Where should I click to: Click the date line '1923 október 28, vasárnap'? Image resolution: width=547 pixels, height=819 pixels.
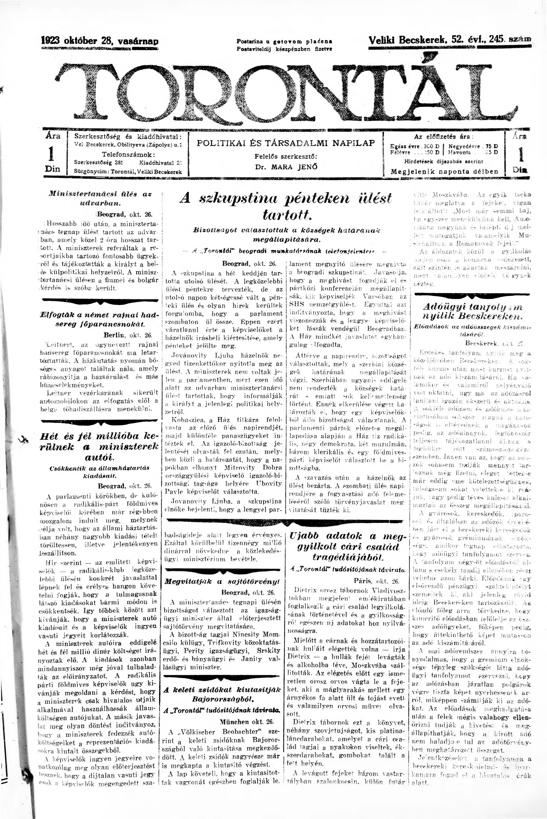100,41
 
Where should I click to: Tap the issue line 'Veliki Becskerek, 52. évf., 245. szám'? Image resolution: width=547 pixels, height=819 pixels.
450,40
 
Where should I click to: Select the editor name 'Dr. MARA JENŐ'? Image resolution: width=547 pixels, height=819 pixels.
286,167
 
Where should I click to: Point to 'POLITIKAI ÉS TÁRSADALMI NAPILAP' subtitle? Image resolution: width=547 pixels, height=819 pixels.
286,143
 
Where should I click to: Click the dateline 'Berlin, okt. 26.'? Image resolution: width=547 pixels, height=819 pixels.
128,336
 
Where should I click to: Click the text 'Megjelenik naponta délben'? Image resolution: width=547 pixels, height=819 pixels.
444,172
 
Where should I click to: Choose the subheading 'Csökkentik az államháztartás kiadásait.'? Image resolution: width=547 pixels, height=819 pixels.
101,472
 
